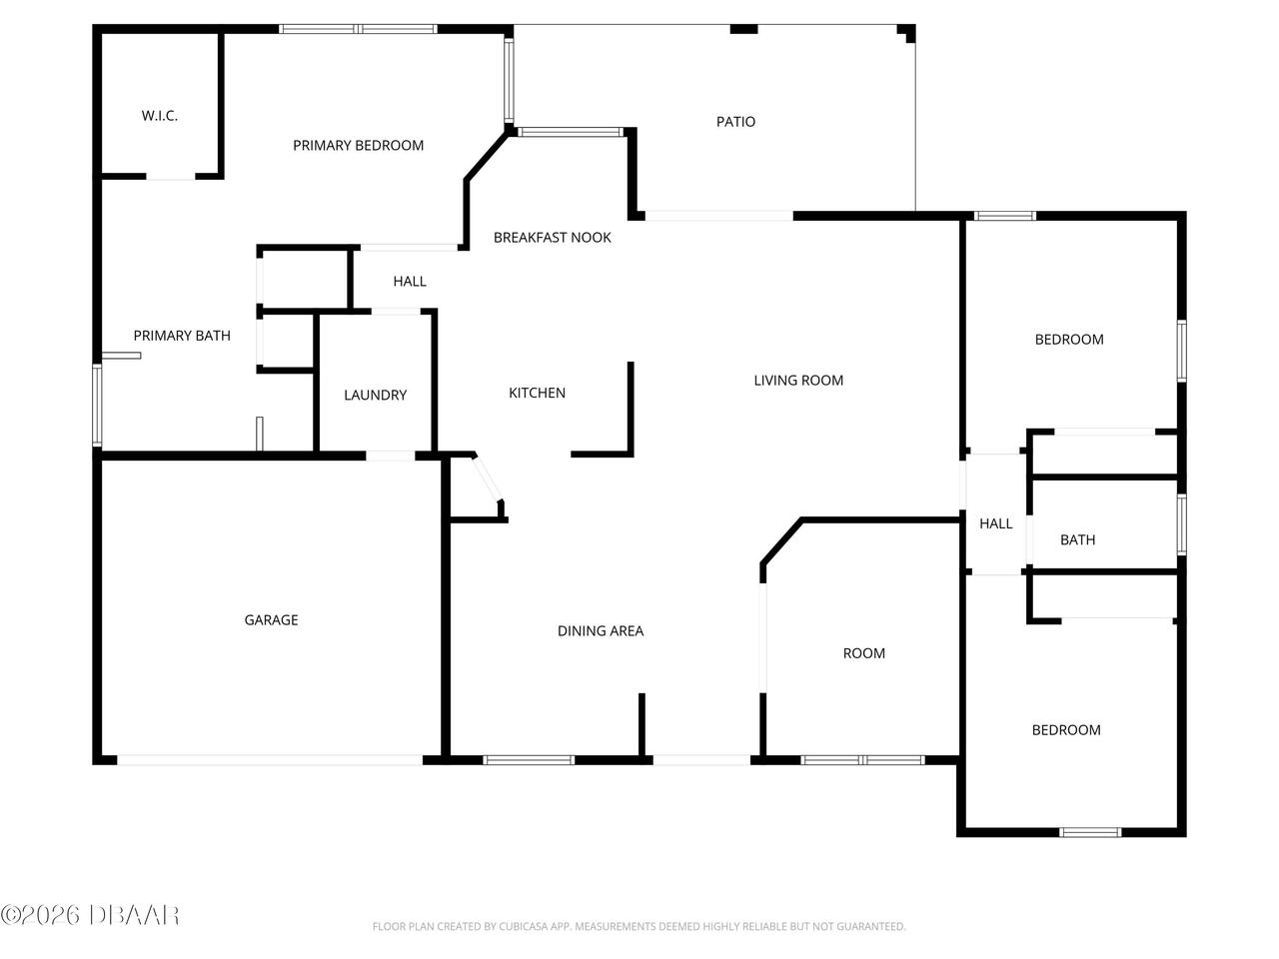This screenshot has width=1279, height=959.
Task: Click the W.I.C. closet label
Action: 160,116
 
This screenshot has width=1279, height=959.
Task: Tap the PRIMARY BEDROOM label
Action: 358,146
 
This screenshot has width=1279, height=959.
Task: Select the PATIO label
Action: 735,122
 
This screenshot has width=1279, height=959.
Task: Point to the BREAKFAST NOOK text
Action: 552,238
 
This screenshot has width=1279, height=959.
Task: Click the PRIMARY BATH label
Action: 182,336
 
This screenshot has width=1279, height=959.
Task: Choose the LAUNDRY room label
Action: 376,396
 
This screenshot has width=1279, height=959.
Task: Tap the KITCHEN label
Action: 537,393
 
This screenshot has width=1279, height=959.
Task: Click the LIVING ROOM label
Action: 798,381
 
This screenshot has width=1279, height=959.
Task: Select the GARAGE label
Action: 271,620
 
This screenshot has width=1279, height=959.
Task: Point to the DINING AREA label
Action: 601,631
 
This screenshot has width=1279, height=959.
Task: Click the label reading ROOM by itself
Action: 863,653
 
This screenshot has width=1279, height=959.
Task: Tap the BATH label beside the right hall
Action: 1077,540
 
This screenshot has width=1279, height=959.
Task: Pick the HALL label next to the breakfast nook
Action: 410,282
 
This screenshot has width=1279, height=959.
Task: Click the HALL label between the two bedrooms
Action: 996,524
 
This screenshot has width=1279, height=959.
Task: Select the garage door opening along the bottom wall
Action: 270,760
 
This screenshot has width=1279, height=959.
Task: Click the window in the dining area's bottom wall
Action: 529,760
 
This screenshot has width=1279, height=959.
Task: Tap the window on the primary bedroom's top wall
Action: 358,29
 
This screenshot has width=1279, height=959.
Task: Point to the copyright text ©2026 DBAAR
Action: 90,916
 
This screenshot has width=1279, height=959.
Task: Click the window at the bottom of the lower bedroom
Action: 1090,833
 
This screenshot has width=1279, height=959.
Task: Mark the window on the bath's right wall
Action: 1182,524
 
